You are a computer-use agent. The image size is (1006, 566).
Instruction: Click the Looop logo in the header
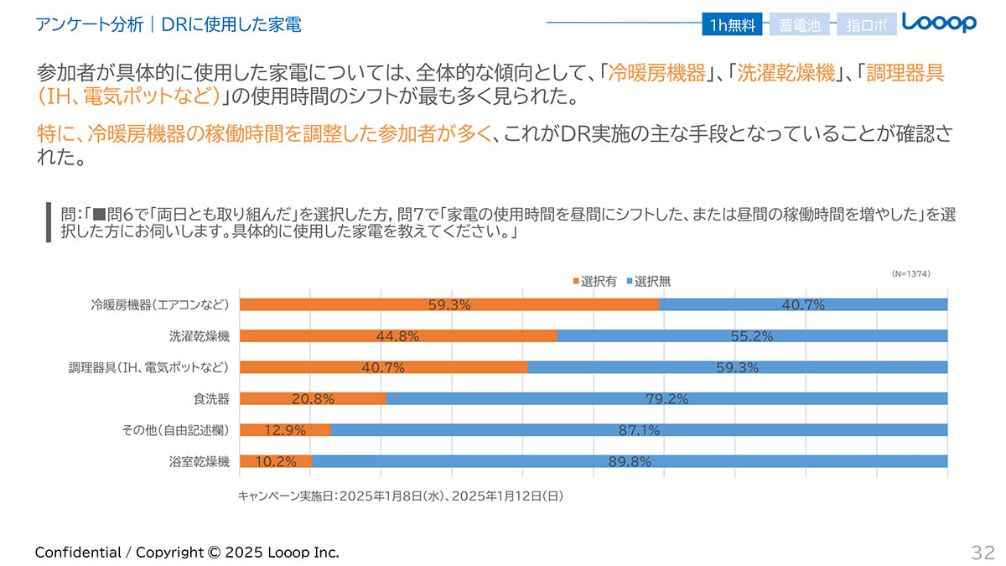[x=939, y=23]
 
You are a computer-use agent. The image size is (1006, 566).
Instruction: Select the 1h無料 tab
[x=733, y=25]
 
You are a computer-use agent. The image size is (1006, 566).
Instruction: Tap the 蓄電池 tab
[x=799, y=25]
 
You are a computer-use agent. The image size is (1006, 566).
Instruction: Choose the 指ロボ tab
[x=866, y=25]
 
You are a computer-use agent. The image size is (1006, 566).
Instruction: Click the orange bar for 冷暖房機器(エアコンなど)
[x=449, y=304]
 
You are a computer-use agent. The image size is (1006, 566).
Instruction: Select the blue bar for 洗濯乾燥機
[x=752, y=336]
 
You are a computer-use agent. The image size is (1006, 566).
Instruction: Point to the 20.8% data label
[x=313, y=399]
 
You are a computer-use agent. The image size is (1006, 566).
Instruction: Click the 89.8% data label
[x=629, y=461]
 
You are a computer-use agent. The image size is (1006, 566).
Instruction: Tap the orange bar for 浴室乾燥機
[x=275, y=461]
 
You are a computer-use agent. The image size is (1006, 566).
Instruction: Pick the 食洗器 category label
[x=211, y=398]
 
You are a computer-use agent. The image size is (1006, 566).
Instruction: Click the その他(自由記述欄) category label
[x=175, y=430]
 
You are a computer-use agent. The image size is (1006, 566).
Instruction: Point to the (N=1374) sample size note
[x=910, y=273]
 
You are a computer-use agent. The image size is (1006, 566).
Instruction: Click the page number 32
[x=983, y=552]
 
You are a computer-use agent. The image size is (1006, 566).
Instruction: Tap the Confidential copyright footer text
[x=187, y=552]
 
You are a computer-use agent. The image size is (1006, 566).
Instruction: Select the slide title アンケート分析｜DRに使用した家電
[x=169, y=25]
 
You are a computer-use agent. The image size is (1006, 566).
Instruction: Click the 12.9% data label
[x=285, y=430]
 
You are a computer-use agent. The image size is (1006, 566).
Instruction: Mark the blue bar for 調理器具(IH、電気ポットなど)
[x=738, y=367]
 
